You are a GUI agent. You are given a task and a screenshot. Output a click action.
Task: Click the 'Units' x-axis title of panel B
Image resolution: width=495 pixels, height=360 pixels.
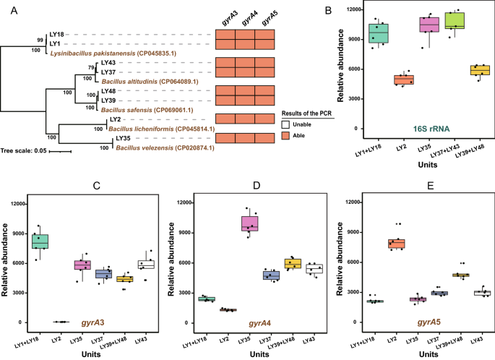point(418,161)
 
